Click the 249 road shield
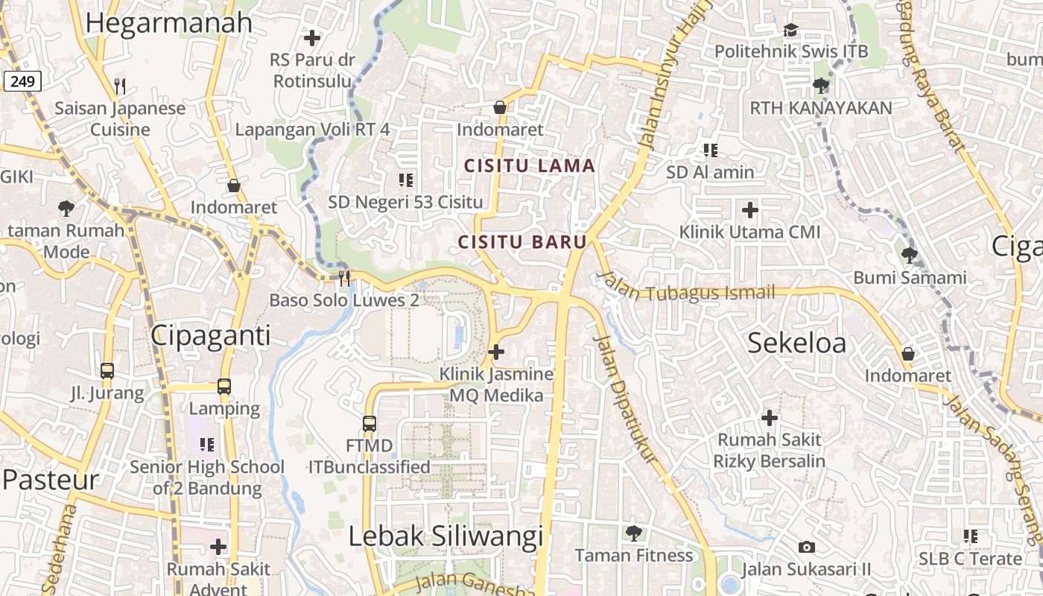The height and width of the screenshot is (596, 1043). pyautogui.click(x=22, y=81)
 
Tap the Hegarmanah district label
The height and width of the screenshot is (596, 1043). pyautogui.click(x=169, y=23)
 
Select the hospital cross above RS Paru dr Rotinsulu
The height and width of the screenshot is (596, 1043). pyautogui.click(x=312, y=37)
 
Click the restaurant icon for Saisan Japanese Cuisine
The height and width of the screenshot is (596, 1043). pyautogui.click(x=120, y=86)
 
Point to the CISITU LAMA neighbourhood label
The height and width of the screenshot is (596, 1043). pyautogui.click(x=530, y=166)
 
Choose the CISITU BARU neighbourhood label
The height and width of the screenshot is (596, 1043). pyautogui.click(x=522, y=242)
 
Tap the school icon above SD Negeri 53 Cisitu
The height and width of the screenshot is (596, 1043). pyautogui.click(x=406, y=180)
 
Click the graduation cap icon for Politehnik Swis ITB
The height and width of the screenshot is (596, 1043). pyautogui.click(x=790, y=30)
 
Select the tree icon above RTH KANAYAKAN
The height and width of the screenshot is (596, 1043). pyautogui.click(x=820, y=86)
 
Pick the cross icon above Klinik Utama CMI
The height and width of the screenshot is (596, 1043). pyautogui.click(x=749, y=210)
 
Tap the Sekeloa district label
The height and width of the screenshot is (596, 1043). pyautogui.click(x=796, y=343)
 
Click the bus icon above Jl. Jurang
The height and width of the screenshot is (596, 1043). pyautogui.click(x=107, y=370)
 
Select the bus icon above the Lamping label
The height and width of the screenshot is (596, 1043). pyautogui.click(x=224, y=387)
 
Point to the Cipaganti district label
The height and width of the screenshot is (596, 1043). pyautogui.click(x=211, y=336)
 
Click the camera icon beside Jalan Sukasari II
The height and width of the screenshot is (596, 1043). pyautogui.click(x=805, y=548)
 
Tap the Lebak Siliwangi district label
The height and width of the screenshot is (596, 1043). pyautogui.click(x=446, y=536)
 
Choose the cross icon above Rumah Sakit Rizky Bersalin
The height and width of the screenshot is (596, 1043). pyautogui.click(x=770, y=418)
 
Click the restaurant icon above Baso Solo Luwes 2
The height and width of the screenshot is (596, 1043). pyautogui.click(x=344, y=279)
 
